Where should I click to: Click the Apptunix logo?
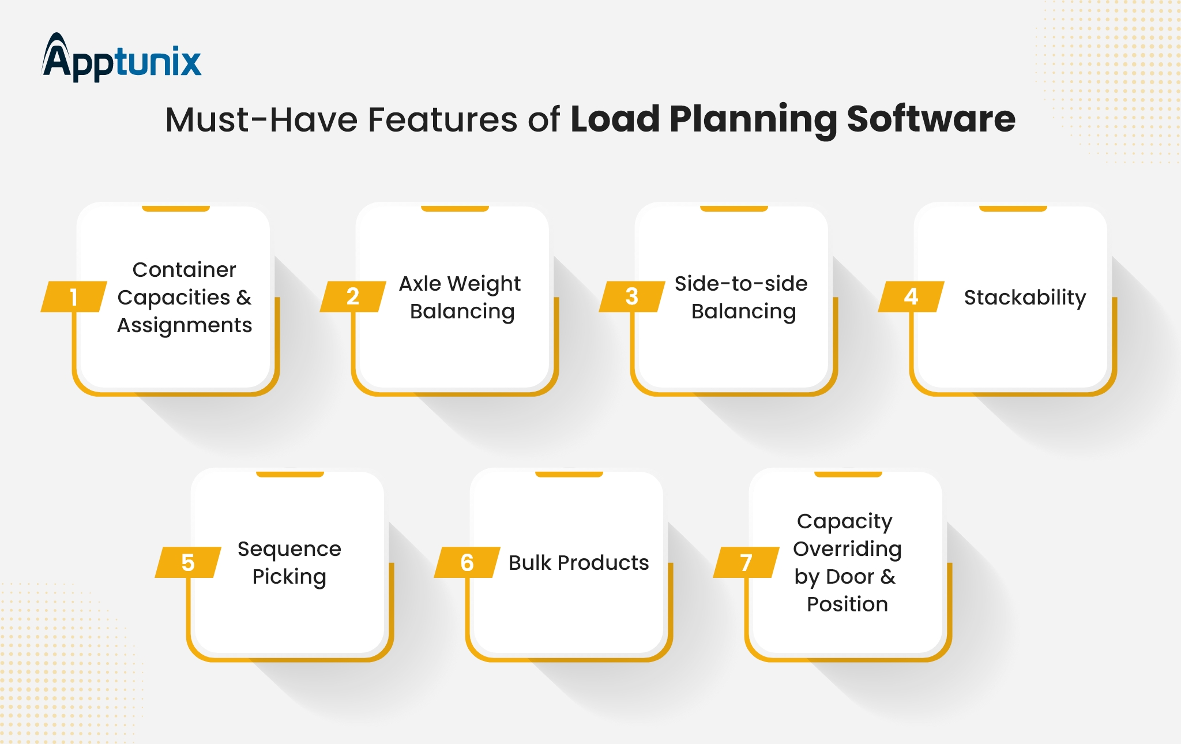122,57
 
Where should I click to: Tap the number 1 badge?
74,296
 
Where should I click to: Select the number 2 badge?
353,296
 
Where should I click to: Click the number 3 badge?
632,296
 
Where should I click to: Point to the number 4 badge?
911,296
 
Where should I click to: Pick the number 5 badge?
188,562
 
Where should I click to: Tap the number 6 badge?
467,562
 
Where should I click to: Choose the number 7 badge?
746,562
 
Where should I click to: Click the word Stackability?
1025,298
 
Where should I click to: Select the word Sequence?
289,550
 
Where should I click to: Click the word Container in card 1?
185,269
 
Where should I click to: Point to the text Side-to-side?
741,283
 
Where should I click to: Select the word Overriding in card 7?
847,550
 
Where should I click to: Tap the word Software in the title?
931,119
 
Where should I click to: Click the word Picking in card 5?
289,577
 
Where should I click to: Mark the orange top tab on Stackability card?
1013,208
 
